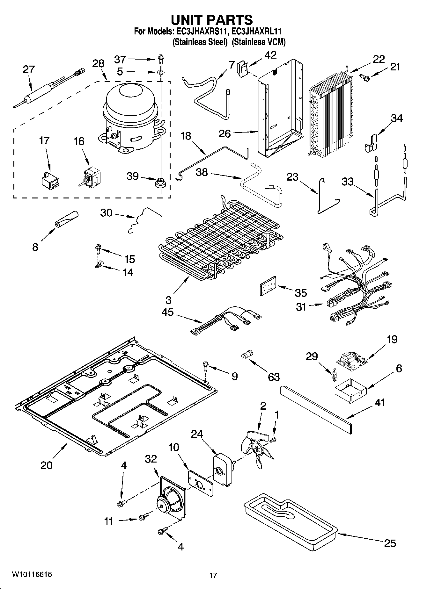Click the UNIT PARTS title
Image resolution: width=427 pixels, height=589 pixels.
point(212,20)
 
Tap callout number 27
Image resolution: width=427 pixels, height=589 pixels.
point(28,69)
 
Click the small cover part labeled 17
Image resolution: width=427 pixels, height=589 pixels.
point(50,180)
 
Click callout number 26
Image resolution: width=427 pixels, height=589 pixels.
point(225,133)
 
